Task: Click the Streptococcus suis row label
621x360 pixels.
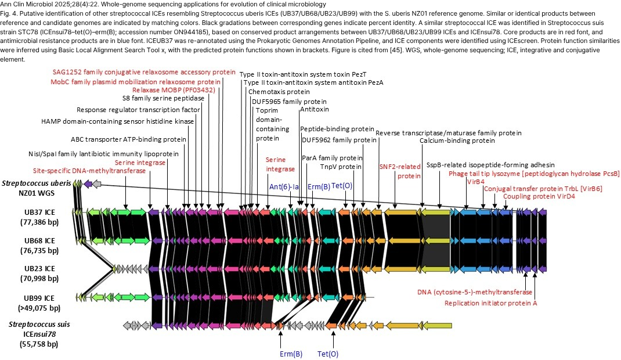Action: pos(39,325)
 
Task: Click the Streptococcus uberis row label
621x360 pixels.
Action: pos(37,183)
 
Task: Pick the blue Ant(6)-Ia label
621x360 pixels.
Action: pos(284,186)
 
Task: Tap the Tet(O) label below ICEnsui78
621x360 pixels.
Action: pos(328,354)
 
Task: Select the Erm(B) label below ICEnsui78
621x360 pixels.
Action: pos(291,354)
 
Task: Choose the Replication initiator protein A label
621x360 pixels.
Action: pos(490,303)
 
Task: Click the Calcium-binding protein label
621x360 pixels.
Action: pos(457,141)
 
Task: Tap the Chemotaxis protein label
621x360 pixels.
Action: pos(279,92)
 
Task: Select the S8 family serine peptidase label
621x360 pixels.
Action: pos(163,98)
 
